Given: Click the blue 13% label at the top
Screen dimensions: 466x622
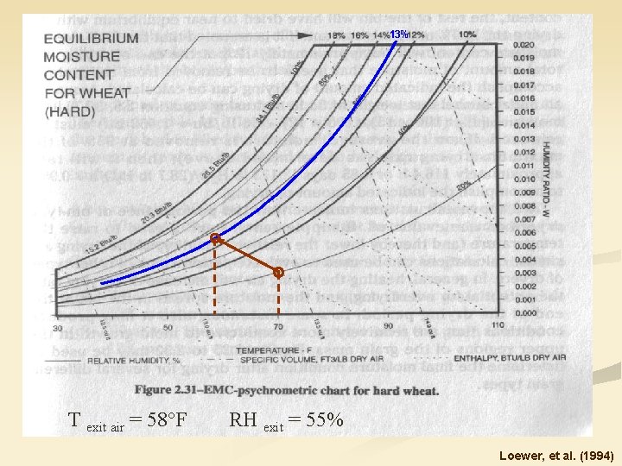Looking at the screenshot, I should (x=398, y=34).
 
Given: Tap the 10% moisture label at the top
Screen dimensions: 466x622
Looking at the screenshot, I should (x=467, y=34).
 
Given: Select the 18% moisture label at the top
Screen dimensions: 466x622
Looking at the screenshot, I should (x=337, y=35).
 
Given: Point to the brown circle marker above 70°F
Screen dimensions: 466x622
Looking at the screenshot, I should (x=278, y=273).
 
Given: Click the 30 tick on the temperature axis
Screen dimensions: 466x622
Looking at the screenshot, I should (x=57, y=328).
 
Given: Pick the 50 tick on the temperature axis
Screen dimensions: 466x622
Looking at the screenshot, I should (x=168, y=328).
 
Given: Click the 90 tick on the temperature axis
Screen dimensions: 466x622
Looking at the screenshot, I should (x=388, y=326).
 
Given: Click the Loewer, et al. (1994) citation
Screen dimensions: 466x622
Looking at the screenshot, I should (x=555, y=453).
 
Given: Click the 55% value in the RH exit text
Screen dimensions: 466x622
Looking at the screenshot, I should (x=323, y=421).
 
